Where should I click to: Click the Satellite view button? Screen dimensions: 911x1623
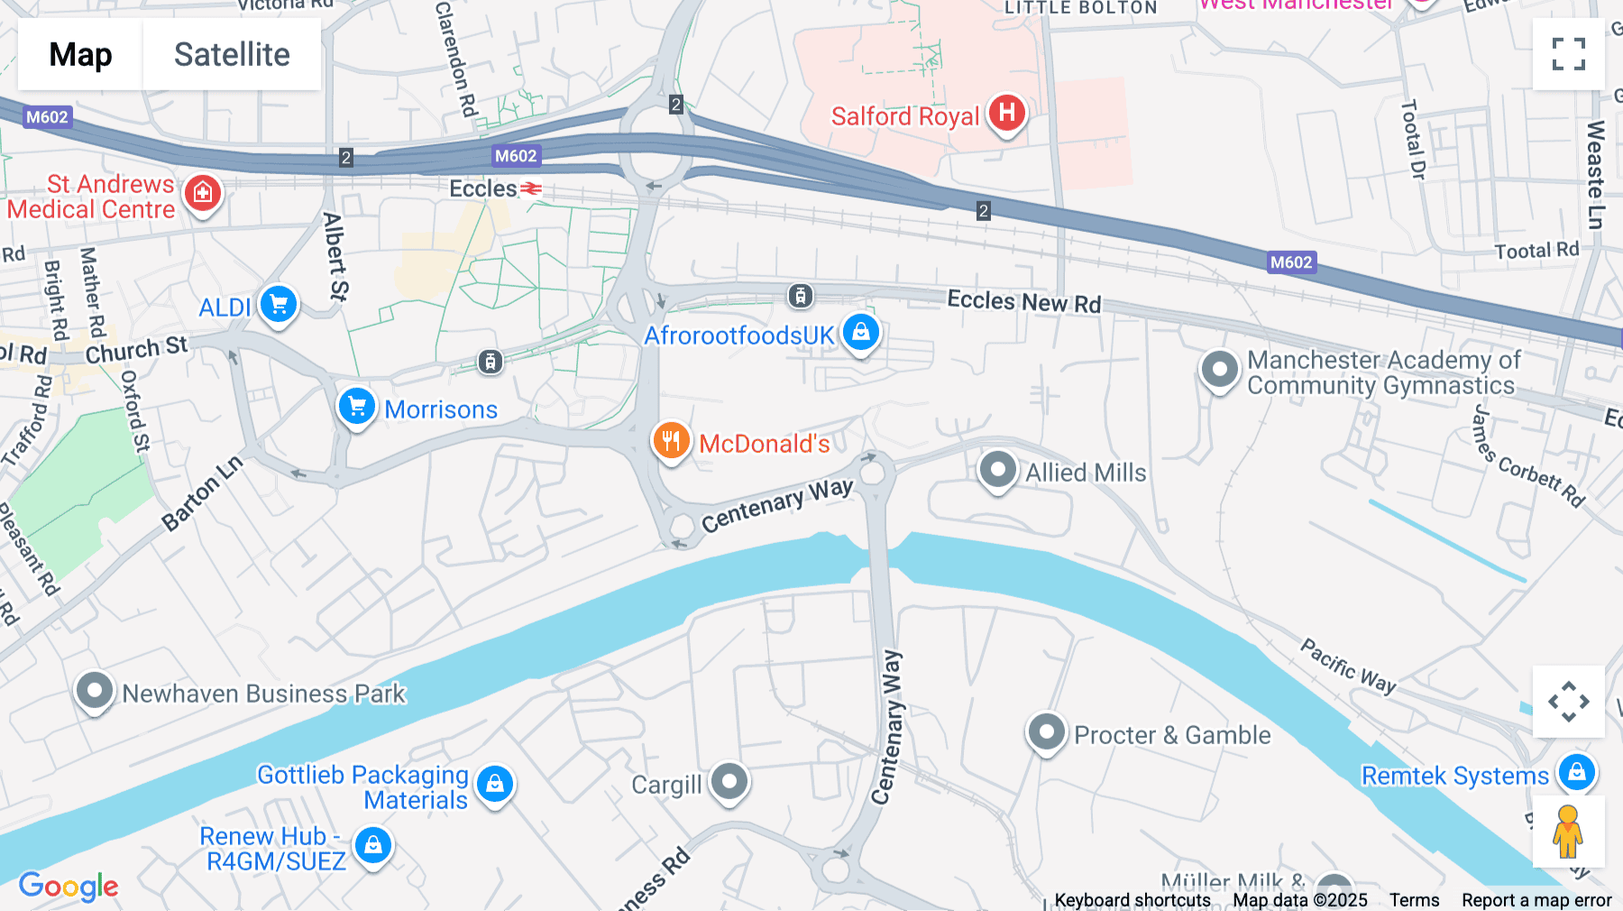(x=232, y=54)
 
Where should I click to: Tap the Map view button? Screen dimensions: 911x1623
(x=80, y=54)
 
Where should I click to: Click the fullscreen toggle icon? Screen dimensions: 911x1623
(x=1568, y=54)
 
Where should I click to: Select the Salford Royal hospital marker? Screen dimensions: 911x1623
(x=1006, y=114)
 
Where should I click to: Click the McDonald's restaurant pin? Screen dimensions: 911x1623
(x=671, y=441)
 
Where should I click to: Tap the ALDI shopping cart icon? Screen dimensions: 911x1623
(x=278, y=304)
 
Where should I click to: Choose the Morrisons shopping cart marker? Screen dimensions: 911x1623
(x=356, y=406)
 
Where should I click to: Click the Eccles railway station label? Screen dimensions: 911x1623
(x=484, y=189)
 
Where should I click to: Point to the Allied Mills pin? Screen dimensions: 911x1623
(x=997, y=469)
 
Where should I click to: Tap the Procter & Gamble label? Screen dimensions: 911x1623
(x=1172, y=735)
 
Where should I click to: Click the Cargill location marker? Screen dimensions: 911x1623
(x=729, y=781)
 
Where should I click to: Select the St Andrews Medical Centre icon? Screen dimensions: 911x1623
(x=203, y=193)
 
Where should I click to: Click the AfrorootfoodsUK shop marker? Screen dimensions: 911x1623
(x=860, y=332)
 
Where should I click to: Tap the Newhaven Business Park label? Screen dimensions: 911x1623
(x=264, y=694)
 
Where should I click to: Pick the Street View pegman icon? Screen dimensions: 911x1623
(x=1567, y=832)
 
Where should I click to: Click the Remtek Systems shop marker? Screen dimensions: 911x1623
(x=1576, y=772)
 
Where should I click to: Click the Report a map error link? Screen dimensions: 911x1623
(x=1536, y=900)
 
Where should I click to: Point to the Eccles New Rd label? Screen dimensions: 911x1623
(x=1023, y=301)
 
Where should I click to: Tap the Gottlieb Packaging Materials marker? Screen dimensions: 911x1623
(x=495, y=784)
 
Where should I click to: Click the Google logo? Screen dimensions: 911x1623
(x=69, y=886)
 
